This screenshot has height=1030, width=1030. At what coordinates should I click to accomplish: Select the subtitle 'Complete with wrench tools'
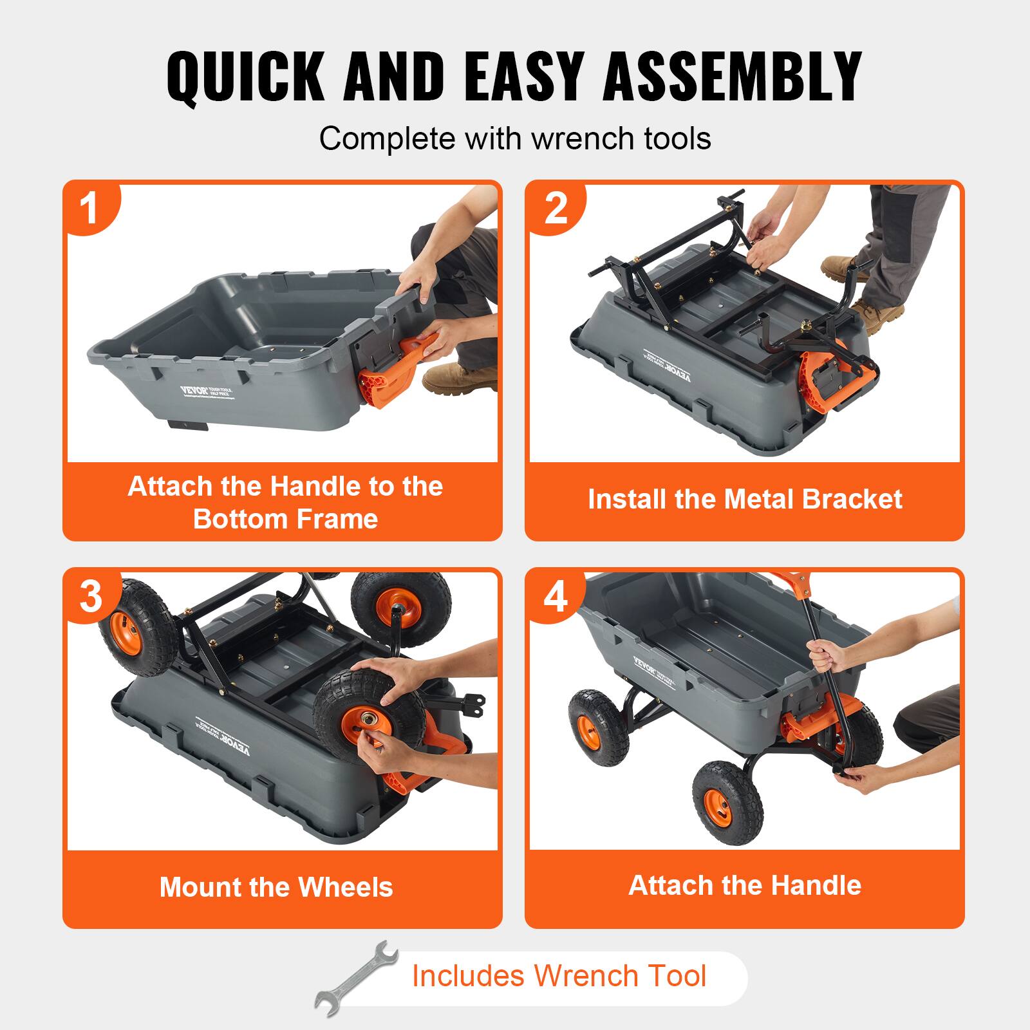tap(515, 138)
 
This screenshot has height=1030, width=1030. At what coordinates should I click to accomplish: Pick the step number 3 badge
tap(90, 596)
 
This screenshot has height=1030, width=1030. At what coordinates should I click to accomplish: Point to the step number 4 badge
tap(555, 596)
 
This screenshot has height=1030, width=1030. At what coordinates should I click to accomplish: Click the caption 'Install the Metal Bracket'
tap(745, 500)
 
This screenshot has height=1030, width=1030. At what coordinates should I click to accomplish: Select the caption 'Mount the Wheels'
tap(276, 887)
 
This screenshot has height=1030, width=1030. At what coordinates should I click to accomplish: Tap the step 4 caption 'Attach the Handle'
tap(745, 885)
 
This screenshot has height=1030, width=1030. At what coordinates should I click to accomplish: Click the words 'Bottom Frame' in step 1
tap(285, 519)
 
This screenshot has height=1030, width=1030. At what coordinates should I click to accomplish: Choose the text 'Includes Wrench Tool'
tap(559, 975)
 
